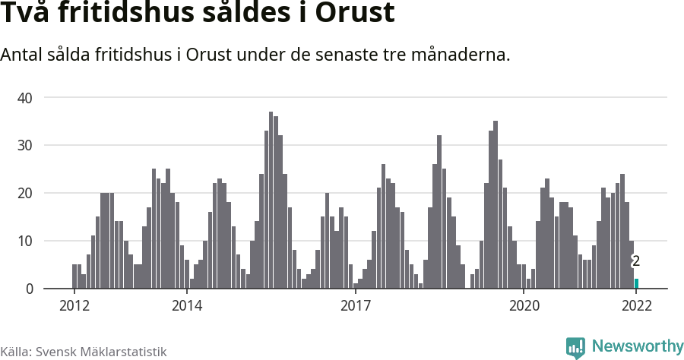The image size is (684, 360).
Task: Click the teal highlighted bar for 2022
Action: click(x=636, y=283)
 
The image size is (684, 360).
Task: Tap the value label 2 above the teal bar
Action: click(x=636, y=261)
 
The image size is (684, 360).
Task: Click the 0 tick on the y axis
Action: click(x=30, y=289)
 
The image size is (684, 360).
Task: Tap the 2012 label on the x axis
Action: click(x=74, y=306)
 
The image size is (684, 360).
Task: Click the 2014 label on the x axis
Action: click(x=186, y=306)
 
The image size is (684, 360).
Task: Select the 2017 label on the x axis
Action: click(x=355, y=306)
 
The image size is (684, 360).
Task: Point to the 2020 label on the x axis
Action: click(x=524, y=306)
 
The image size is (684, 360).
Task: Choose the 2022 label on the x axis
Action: click(x=636, y=306)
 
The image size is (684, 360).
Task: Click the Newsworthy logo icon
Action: click(x=575, y=347)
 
